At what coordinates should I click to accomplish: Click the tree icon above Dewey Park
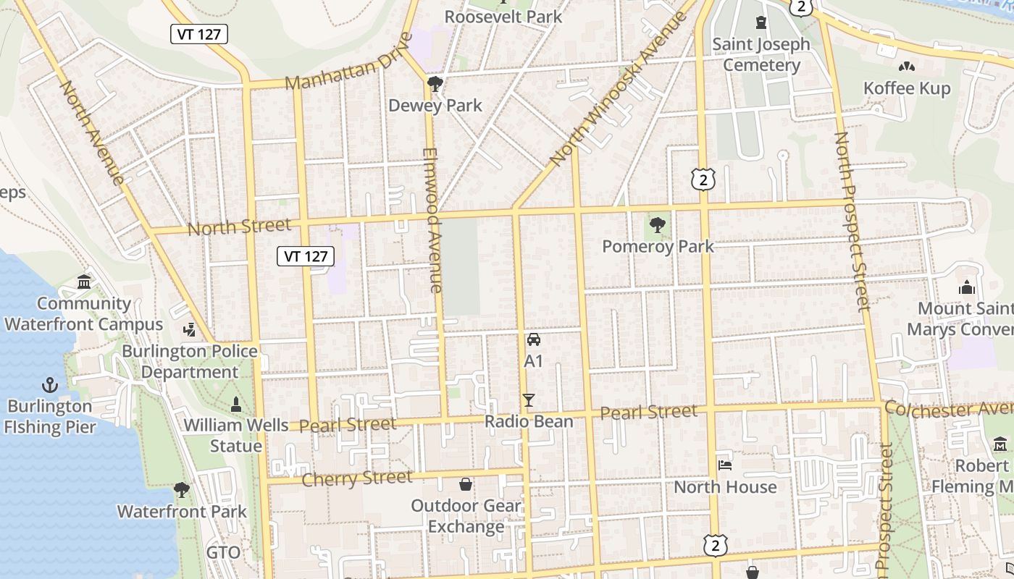tap(435, 85)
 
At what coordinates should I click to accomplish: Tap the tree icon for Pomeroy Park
tap(658, 225)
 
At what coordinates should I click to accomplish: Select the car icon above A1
tap(534, 339)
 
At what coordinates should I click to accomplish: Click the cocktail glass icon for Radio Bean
tap(529, 400)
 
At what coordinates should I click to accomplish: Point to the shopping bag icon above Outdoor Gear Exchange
tap(466, 483)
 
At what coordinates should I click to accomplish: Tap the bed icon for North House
tap(725, 465)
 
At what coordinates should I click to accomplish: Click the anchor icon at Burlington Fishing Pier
tap(51, 384)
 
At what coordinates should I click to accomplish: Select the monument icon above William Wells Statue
tap(235, 403)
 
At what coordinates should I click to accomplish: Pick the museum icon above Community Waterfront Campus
tap(84, 282)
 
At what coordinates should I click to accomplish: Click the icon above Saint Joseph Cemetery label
tap(760, 22)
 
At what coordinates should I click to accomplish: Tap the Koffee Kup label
tap(907, 88)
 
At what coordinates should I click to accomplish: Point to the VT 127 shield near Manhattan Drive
tap(199, 34)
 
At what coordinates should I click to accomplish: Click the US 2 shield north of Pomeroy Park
tap(703, 179)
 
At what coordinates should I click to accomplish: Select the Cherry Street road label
tap(356, 478)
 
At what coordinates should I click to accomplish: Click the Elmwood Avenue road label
tap(432, 220)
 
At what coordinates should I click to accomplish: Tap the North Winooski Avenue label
tap(617, 88)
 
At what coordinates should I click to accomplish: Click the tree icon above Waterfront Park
tap(182, 490)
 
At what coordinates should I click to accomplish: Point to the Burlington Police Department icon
tap(190, 330)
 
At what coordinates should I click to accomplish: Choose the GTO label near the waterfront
tap(223, 553)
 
